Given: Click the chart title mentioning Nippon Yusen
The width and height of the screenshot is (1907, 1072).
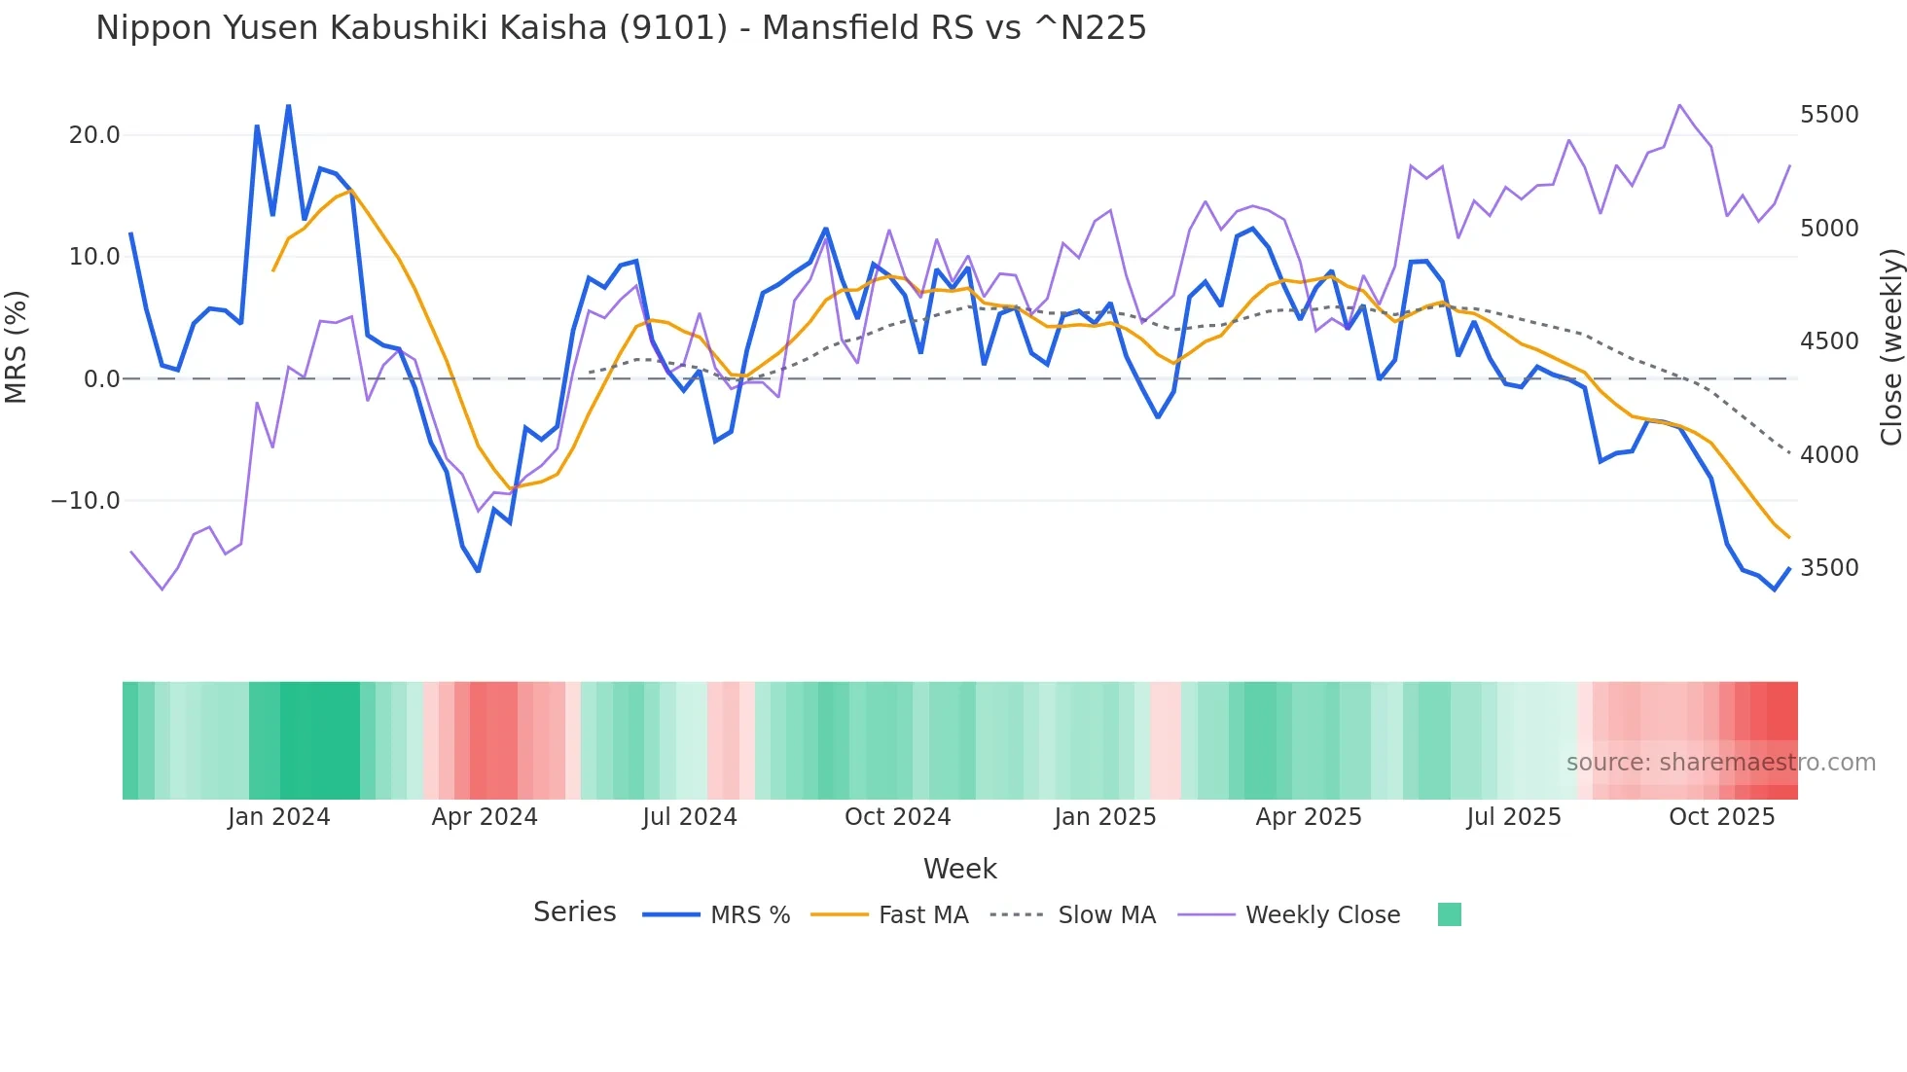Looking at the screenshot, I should point(621,28).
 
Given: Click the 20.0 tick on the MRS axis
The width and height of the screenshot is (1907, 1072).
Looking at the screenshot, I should point(94,135).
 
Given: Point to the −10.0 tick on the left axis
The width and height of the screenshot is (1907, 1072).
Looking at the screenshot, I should point(86,501).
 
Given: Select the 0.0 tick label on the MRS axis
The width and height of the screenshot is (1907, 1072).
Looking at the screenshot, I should point(102,379).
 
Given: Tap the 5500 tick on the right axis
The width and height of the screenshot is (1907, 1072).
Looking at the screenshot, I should point(1829,115).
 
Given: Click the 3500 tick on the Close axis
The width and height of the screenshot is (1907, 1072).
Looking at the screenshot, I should point(1829,568).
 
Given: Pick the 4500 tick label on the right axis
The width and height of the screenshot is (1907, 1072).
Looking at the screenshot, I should point(1829,341).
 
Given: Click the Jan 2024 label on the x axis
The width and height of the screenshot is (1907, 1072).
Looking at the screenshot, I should point(279,817).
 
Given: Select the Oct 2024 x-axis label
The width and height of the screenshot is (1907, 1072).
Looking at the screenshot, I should point(897,817).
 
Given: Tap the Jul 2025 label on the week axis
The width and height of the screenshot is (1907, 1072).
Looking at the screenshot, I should point(1513,817).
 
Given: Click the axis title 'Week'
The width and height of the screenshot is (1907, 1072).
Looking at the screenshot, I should point(959,869).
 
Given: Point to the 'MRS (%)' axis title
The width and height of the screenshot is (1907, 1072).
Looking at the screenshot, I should point(17,346).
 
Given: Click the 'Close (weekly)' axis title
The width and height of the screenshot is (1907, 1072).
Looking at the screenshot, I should point(1890,346).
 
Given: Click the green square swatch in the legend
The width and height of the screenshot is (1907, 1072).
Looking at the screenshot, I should point(1449,914).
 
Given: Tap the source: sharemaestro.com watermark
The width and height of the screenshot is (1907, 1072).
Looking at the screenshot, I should point(1720,763).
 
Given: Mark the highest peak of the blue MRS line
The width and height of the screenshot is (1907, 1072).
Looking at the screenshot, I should point(288,105).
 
